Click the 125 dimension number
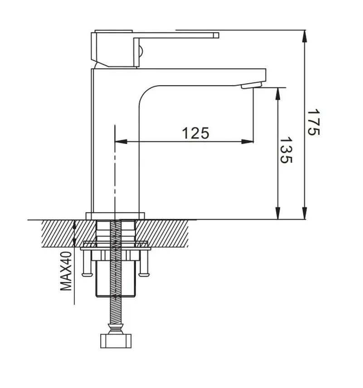[195, 133]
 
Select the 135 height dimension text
[286, 151]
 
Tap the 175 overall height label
[313, 122]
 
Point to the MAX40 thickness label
[67, 271]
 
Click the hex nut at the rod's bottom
[117, 340]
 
